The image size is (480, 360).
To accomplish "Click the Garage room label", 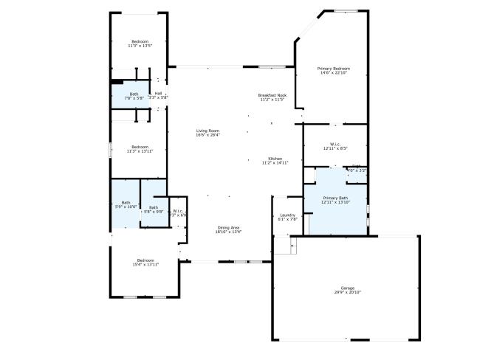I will (x=346, y=288).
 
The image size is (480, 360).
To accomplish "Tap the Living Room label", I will (x=208, y=130).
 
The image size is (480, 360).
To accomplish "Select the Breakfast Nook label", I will (x=272, y=95).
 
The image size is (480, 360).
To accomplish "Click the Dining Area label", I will (x=229, y=226).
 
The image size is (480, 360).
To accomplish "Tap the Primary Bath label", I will (x=335, y=198).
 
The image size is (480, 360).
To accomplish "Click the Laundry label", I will (x=287, y=215).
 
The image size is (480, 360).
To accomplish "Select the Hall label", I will (x=158, y=93).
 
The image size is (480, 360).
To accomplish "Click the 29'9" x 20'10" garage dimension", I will (x=346, y=292).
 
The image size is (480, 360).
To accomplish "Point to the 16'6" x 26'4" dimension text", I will (x=208, y=135).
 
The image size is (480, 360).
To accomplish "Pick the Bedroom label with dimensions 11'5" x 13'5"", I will (x=140, y=41).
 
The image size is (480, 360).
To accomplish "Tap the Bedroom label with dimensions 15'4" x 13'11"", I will (x=145, y=260).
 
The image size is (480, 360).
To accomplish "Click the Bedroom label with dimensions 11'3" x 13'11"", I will (x=140, y=146).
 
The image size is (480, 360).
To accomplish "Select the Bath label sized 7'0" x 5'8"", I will (x=134, y=94).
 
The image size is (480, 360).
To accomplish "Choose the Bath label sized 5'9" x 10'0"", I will (x=126, y=203).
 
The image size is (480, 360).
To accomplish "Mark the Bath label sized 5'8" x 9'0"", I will (x=154, y=207).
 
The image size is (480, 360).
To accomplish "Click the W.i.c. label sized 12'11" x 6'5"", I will (x=335, y=144).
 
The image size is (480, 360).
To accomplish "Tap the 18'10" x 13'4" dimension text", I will (x=229, y=232).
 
